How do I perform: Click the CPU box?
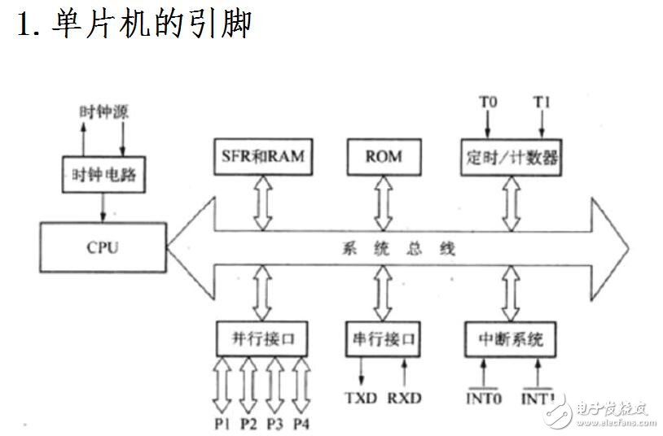102,247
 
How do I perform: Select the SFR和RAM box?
262,156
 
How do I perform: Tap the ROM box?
383,156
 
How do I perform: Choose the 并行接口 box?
262,338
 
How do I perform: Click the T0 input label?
487,103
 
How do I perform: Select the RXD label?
404,399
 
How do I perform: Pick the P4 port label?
301,424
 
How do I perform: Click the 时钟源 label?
103,111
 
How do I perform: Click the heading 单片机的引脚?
134,24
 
